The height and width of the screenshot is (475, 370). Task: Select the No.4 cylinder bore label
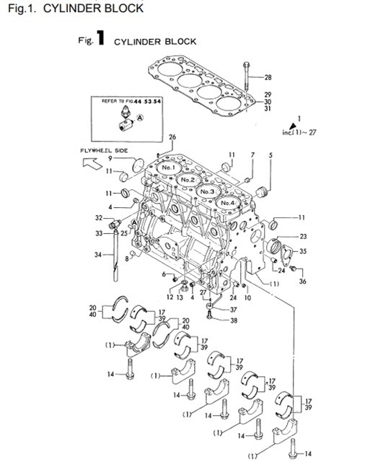pyautogui.click(x=229, y=203)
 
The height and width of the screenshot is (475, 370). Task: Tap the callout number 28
pyautogui.click(x=268, y=78)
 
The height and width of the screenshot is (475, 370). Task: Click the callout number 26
pyautogui.click(x=172, y=137)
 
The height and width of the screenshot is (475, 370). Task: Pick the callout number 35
pyautogui.click(x=303, y=252)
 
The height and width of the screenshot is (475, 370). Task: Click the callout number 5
pyautogui.click(x=270, y=155)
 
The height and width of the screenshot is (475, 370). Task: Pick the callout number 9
pyautogui.click(x=110, y=158)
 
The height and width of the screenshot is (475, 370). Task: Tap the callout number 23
pyautogui.click(x=303, y=236)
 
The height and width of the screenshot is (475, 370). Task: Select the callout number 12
pyautogui.click(x=171, y=297)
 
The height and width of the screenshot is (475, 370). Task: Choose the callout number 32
pyautogui.click(x=99, y=217)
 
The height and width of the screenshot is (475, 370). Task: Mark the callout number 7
pyautogui.click(x=252, y=155)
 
